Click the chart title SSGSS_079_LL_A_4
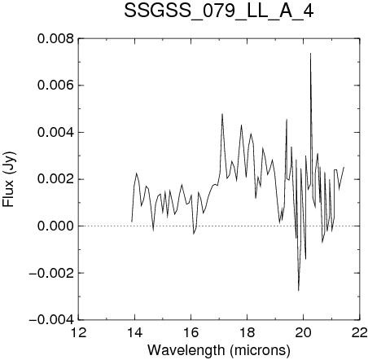click(x=219, y=11)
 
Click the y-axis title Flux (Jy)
click(x=9, y=179)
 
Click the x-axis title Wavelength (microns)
click(x=219, y=350)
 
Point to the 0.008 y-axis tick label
click(x=55, y=38)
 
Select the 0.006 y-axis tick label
click(x=55, y=86)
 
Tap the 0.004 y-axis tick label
click(x=55, y=133)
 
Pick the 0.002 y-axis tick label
click(x=55, y=179)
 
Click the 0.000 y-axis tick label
click(x=55, y=226)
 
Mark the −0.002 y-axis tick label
click(x=51, y=273)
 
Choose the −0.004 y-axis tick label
click(x=51, y=320)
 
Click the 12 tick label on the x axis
click(x=78, y=332)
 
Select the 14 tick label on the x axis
click(x=134, y=332)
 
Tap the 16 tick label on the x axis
click(x=191, y=332)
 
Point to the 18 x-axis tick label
click(x=248, y=332)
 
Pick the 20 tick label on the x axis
click(x=304, y=332)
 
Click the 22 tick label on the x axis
click(x=360, y=332)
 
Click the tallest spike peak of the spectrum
click(x=310, y=53)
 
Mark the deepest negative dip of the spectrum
click(x=299, y=291)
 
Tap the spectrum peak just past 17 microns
click(x=222, y=114)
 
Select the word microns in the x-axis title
click(x=260, y=350)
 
